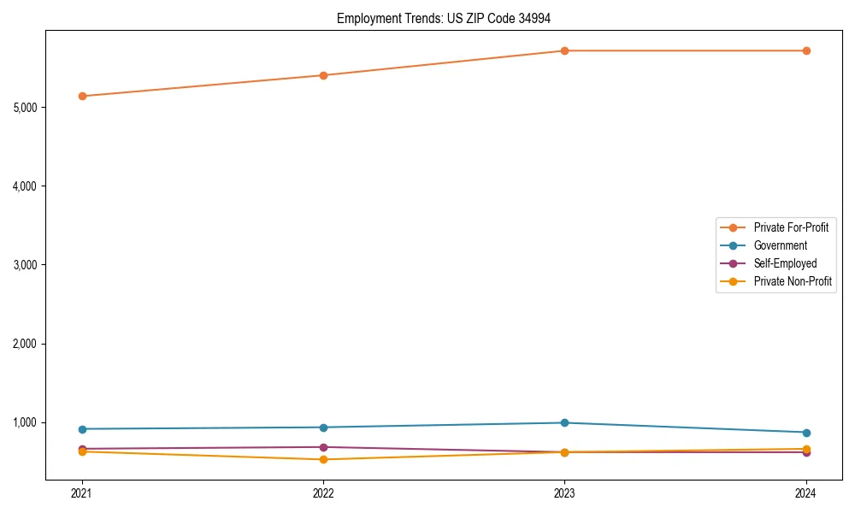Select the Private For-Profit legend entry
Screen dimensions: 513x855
pyautogui.click(x=791, y=227)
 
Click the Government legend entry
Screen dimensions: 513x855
pyautogui.click(x=780, y=245)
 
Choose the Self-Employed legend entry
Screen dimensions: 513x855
pyautogui.click(x=785, y=263)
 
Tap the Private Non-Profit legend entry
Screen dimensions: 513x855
pyautogui.click(x=793, y=281)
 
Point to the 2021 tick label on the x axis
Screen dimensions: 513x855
pyautogui.click(x=82, y=492)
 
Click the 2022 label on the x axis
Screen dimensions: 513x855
pyautogui.click(x=323, y=492)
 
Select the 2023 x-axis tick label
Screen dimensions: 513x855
pyautogui.click(x=564, y=492)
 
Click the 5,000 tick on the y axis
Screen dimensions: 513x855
pyautogui.click(x=26, y=108)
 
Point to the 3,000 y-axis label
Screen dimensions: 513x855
pyautogui.click(x=26, y=265)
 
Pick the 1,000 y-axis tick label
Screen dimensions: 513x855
pyautogui.click(x=26, y=422)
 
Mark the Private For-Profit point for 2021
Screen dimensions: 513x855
pyautogui.click(x=82, y=96)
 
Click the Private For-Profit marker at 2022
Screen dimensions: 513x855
pyautogui.click(x=323, y=75)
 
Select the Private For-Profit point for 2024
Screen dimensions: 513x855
pyautogui.click(x=805, y=50)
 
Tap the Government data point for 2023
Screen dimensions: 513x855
pyautogui.click(x=564, y=422)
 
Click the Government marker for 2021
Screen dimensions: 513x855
pyautogui.click(x=82, y=429)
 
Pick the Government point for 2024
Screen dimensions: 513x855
pyautogui.click(x=805, y=433)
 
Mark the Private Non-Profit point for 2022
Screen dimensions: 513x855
pyautogui.click(x=323, y=459)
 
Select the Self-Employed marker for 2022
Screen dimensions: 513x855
pyautogui.click(x=323, y=447)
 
